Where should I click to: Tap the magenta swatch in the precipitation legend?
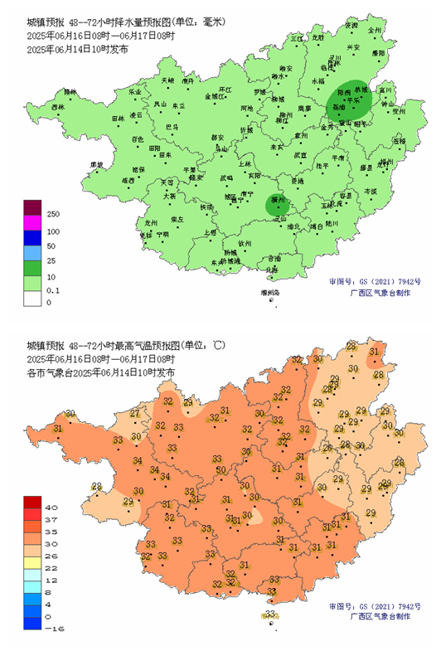pyautogui.click(x=32, y=222)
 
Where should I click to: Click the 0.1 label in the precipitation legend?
pyautogui.click(x=53, y=290)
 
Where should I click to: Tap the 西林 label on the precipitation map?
pyautogui.click(x=57, y=108)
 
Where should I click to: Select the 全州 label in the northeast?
pyautogui.click(x=375, y=31)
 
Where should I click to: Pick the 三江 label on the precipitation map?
pyautogui.click(x=297, y=39)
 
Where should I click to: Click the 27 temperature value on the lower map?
pyautogui.click(x=135, y=414)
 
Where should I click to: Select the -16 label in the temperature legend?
pyautogui.click(x=53, y=629)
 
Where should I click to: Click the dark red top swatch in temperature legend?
pyautogui.click(x=32, y=501)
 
